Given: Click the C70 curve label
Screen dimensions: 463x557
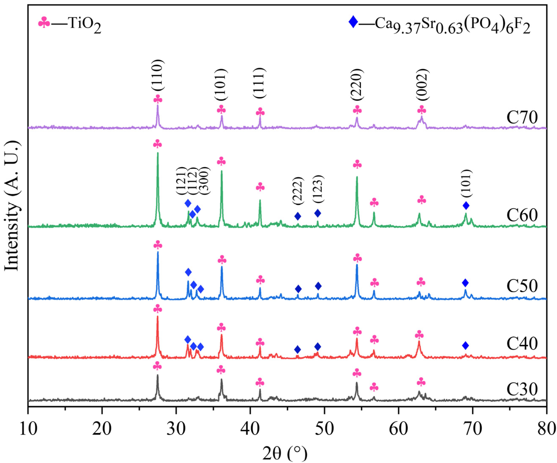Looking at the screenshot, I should (x=522, y=117).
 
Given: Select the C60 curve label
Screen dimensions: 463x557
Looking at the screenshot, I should (x=522, y=215).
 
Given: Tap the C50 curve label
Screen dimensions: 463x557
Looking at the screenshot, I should (x=522, y=286).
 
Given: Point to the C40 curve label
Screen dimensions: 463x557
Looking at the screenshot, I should (x=522, y=344).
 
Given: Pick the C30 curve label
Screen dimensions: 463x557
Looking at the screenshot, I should (x=522, y=389).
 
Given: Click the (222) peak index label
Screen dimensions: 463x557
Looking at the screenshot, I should (x=297, y=191).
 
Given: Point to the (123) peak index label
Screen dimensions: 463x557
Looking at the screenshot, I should (x=318, y=189).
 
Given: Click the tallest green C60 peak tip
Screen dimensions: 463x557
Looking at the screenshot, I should (x=158, y=153).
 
